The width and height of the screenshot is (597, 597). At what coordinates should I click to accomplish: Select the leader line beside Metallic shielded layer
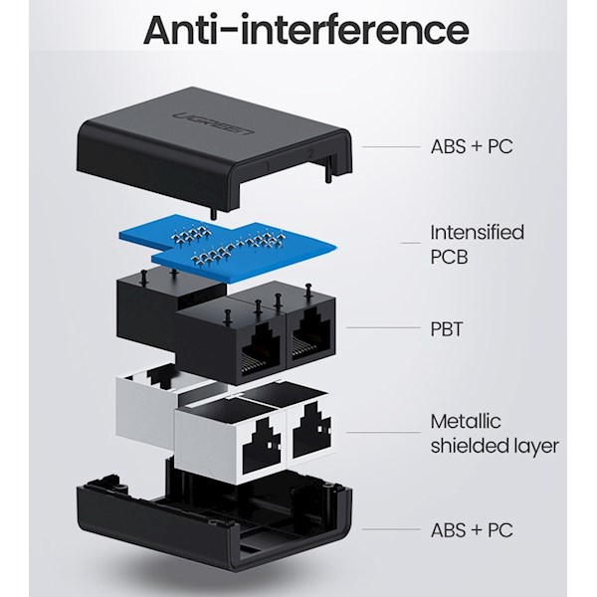(382, 434)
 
